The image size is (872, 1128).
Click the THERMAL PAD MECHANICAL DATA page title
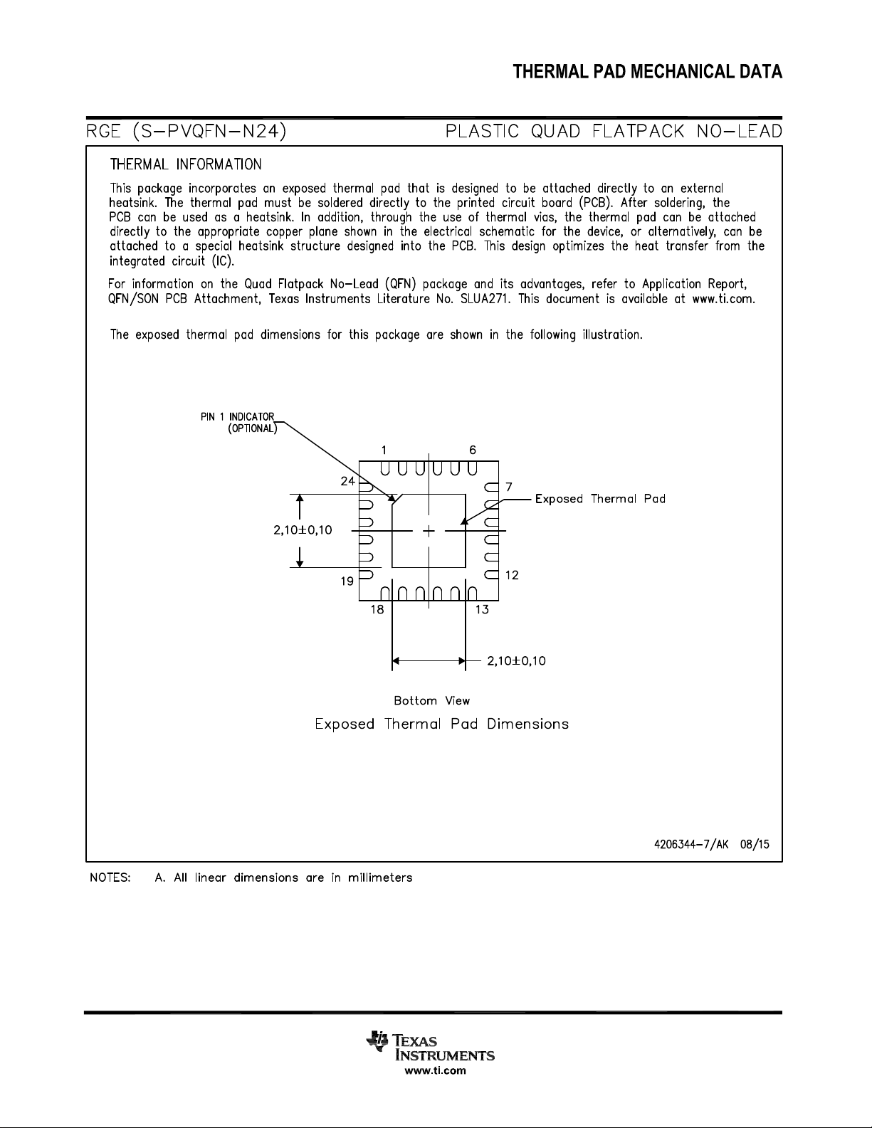[x=648, y=72]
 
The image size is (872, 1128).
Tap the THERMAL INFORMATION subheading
[x=185, y=164]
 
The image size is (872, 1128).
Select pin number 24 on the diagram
[x=347, y=481]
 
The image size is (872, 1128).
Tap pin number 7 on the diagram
[x=509, y=487]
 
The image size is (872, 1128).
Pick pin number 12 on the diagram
[x=512, y=575]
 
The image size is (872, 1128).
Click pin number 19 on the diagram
[x=347, y=581]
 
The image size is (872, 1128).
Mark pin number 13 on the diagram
[x=481, y=609]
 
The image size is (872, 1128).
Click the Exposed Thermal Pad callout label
[x=600, y=499]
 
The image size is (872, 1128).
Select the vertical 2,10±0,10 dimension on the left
[x=303, y=530]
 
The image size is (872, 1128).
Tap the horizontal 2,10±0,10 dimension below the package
[x=517, y=661]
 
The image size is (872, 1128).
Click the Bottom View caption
[x=432, y=701]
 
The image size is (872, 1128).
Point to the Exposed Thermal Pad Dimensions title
[x=442, y=724]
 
